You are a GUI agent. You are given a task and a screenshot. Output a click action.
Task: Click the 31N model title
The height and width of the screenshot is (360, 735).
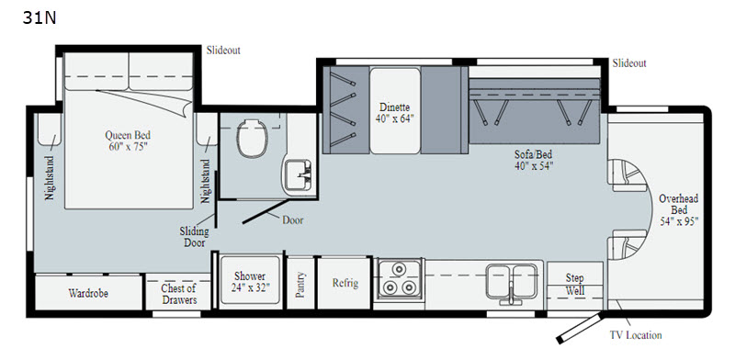click(40, 17)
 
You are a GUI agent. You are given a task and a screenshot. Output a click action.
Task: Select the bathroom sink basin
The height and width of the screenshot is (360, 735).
click(297, 175)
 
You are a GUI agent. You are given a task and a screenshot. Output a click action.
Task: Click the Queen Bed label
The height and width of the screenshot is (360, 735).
click(128, 141)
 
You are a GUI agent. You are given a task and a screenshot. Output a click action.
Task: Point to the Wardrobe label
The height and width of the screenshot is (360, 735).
click(88, 294)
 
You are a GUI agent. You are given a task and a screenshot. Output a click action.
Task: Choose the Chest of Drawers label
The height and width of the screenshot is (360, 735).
click(178, 294)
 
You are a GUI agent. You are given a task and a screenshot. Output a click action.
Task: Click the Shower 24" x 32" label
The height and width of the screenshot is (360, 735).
click(250, 282)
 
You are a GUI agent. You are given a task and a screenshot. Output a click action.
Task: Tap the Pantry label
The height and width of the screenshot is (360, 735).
click(300, 285)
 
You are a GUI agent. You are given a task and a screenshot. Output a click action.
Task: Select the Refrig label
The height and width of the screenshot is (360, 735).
click(345, 283)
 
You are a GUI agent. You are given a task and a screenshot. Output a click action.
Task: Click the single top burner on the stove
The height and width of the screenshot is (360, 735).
click(399, 269)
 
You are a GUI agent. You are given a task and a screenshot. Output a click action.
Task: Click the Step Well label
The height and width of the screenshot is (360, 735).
click(575, 285)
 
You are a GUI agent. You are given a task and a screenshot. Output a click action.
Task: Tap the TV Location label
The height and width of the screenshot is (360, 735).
click(636, 334)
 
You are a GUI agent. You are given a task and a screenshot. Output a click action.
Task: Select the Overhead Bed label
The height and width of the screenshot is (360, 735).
click(679, 209)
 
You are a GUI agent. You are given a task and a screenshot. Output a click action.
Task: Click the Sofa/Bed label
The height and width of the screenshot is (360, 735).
click(534, 160)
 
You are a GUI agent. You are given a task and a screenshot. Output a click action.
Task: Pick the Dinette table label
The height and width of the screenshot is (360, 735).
click(395, 113)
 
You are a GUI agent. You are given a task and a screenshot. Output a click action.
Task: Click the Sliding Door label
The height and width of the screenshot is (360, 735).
click(195, 237)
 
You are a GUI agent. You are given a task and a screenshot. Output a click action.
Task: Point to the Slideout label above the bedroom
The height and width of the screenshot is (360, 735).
click(223, 51)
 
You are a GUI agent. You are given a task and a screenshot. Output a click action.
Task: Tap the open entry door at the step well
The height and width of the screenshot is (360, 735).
click(579, 329)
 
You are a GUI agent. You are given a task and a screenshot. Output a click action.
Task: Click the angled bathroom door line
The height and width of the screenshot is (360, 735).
click(266, 211)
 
